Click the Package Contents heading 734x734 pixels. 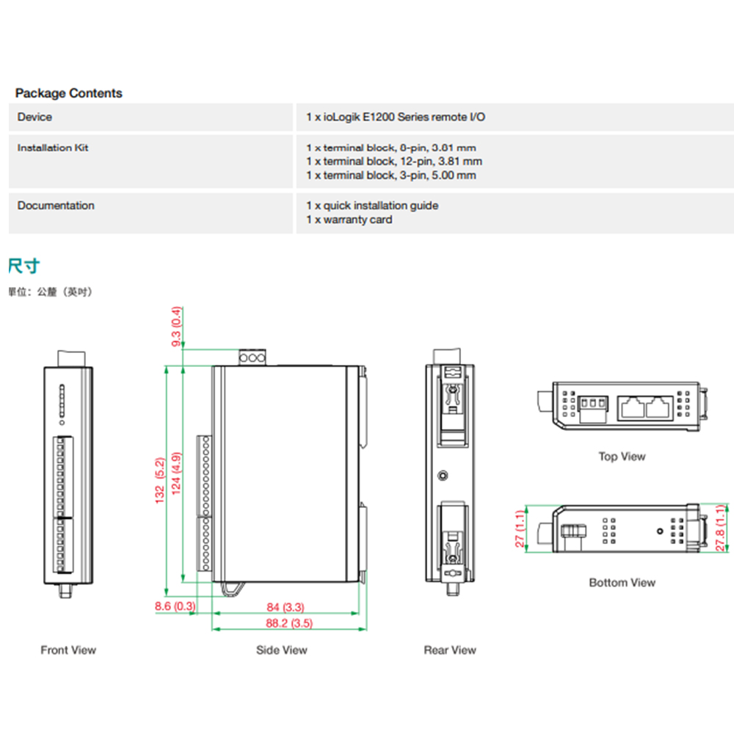69,93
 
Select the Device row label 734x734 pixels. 34,117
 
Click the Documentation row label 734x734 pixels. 56,206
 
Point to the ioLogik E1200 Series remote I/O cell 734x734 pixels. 396,117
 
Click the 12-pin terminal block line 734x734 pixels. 394,161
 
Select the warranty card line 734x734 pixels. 349,219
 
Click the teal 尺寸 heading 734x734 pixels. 23,265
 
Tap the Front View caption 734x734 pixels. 68,650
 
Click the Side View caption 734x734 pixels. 282,650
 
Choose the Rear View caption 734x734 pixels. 450,650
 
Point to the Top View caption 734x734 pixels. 622,457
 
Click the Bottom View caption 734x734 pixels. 622,583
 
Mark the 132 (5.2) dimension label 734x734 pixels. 159,481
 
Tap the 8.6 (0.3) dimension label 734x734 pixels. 175,606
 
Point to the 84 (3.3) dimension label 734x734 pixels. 286,607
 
